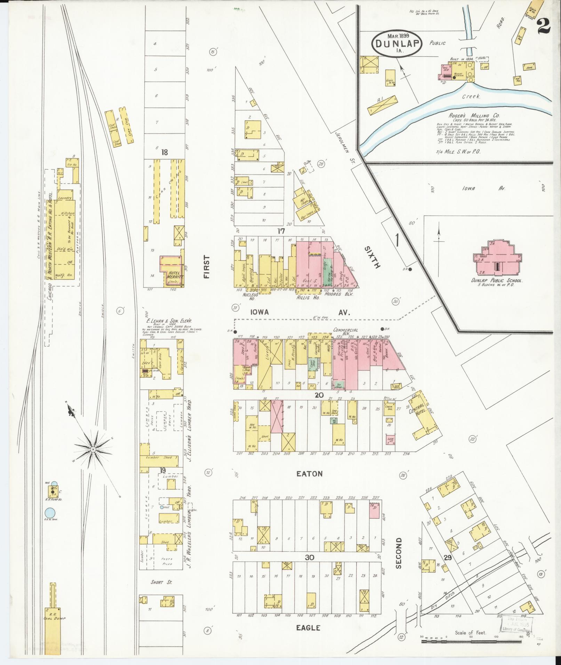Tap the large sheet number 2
545,26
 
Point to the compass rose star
93,449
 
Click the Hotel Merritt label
173,276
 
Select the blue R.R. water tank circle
50,512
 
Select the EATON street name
309,473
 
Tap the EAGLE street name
308,628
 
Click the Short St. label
161,582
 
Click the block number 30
310,557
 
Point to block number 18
165,152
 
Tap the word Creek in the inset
471,97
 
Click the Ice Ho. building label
72,164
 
